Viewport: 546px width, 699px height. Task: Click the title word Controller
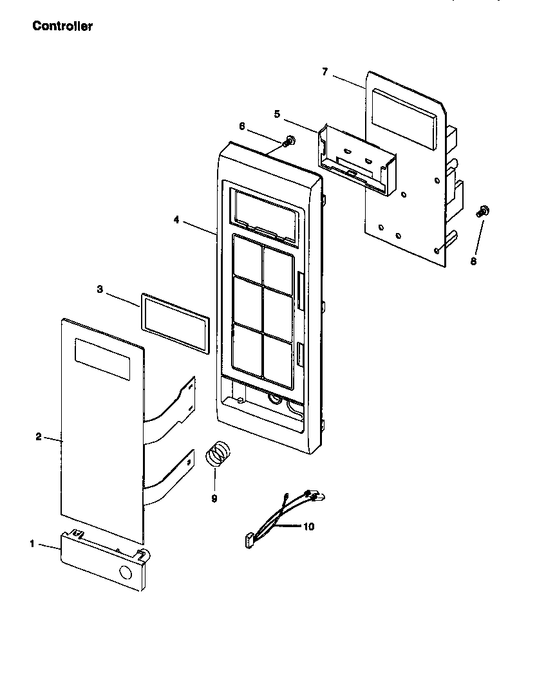tap(62, 26)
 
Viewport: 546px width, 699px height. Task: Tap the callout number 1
tap(32, 544)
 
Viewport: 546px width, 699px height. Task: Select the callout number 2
tap(38, 437)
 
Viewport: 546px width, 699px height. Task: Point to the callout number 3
tap(100, 290)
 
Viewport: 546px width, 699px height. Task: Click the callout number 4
tap(176, 219)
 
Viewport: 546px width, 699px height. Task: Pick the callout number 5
tap(277, 114)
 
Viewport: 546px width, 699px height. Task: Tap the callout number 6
tap(242, 126)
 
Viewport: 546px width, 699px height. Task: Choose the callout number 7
tap(325, 71)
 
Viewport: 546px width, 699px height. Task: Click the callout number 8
tap(473, 261)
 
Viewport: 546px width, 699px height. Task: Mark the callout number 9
tap(214, 498)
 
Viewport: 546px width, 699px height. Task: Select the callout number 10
tap(308, 527)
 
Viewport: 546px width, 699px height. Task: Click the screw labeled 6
tap(290, 140)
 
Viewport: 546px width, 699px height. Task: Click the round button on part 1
tap(126, 572)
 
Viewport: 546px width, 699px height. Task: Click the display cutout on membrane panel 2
tap(102, 359)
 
